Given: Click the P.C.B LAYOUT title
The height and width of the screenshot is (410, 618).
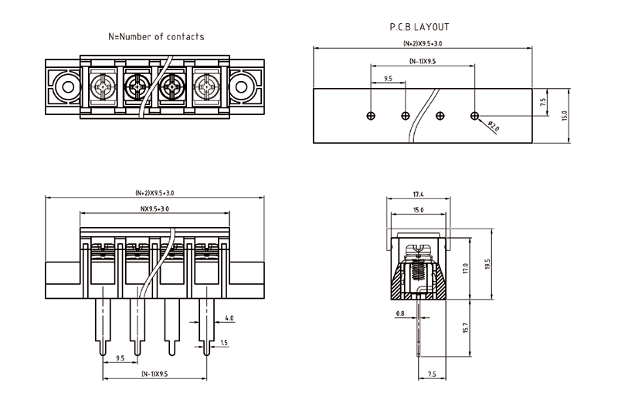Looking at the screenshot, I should [x=419, y=27].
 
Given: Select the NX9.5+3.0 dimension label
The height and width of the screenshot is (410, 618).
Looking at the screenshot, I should [x=154, y=209].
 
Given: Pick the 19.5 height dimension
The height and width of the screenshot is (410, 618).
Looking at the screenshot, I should [x=487, y=266].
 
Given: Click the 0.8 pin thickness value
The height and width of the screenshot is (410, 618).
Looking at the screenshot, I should [x=400, y=313].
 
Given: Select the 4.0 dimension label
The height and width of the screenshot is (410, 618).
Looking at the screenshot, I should [x=229, y=318].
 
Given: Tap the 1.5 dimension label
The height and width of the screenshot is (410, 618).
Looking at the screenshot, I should [x=224, y=342].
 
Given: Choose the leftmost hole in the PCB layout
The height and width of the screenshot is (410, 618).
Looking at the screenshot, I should [x=372, y=116].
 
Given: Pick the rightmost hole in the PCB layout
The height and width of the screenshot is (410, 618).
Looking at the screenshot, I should [x=474, y=116].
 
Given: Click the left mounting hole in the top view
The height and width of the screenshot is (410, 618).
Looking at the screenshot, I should [x=64, y=86].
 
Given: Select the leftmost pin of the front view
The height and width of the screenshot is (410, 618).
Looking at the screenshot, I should [x=104, y=328].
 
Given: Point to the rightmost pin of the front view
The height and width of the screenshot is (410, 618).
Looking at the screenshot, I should [x=205, y=328].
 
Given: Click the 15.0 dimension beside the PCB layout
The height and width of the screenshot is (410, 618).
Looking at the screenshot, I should [x=564, y=116].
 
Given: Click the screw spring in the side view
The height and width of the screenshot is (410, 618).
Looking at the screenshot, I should [x=418, y=270].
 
